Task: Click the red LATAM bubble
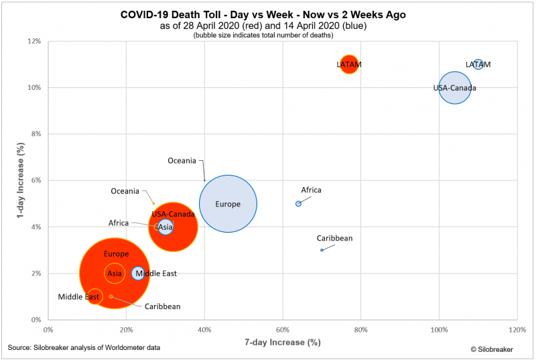[348, 64]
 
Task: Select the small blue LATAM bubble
[478, 64]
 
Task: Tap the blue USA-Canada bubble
[455, 88]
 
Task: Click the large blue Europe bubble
[228, 204]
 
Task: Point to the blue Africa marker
[298, 204]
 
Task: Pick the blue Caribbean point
[322, 250]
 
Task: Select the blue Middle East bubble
[138, 273]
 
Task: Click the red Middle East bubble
[95, 296]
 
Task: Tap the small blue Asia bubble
[165, 227]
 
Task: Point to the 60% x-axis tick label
[282, 330]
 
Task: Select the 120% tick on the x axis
[517, 330]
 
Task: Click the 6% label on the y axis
[36, 180]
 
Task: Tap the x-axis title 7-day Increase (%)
[281, 343]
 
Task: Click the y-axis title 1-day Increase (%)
[12, 180]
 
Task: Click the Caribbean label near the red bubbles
[162, 306]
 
